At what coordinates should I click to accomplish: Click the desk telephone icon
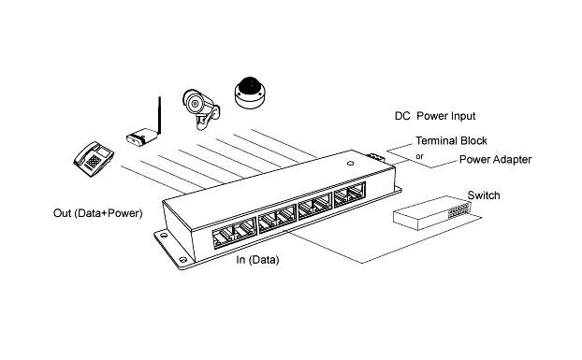(94, 159)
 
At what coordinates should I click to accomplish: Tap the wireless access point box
(141, 137)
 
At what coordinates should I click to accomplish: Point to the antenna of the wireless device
(159, 115)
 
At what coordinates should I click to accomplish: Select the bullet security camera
(201, 109)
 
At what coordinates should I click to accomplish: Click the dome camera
(250, 93)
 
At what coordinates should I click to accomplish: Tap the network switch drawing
(433, 213)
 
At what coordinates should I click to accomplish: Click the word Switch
(484, 195)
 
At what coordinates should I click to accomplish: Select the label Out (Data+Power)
(98, 213)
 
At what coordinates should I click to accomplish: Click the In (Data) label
(257, 260)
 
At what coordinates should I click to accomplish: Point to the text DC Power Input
(435, 116)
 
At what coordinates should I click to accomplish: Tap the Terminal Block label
(451, 141)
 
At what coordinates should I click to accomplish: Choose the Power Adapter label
(496, 159)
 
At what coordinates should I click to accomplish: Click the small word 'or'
(420, 156)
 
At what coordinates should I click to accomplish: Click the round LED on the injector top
(350, 163)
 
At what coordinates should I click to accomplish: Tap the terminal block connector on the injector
(375, 157)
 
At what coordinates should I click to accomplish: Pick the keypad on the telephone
(94, 161)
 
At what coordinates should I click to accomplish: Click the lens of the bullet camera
(194, 104)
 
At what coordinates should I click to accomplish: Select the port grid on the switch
(459, 209)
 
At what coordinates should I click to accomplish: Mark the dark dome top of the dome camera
(250, 85)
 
